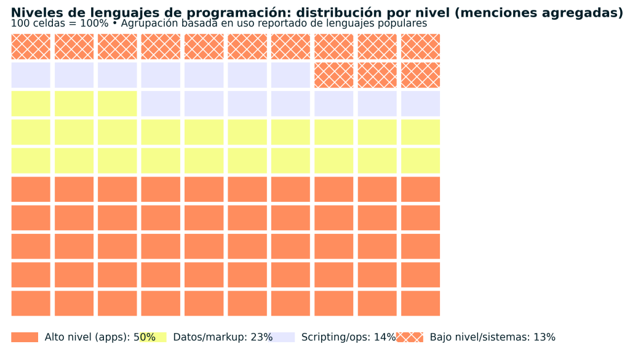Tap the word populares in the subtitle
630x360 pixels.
403,23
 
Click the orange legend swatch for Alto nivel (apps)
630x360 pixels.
25,337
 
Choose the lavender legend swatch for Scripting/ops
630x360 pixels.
282,337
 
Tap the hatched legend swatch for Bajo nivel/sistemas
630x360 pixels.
410,337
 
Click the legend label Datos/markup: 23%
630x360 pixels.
223,337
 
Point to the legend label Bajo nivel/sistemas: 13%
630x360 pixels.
492,337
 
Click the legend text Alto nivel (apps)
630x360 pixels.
85,337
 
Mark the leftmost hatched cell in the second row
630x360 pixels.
334,75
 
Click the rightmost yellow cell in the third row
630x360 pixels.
118,103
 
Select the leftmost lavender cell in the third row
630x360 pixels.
161,103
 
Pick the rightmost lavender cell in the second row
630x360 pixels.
290,75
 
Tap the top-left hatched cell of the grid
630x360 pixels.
31,47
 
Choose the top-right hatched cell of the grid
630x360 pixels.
420,47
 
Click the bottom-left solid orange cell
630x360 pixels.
31,303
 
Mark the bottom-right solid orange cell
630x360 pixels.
420,303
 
